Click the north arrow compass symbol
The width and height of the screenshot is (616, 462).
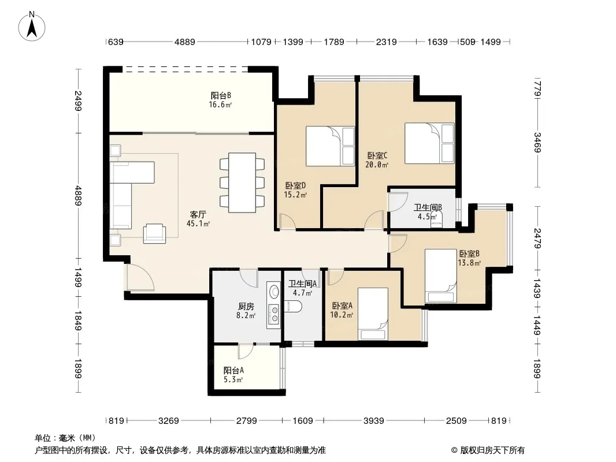(x=32, y=27)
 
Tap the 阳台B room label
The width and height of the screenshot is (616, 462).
(x=221, y=95)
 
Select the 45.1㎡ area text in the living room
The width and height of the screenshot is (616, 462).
(x=198, y=223)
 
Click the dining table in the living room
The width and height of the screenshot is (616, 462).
(x=242, y=182)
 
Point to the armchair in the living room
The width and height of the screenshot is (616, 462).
(x=154, y=233)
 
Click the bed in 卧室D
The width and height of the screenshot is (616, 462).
(x=330, y=146)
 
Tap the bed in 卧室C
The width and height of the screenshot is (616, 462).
(x=429, y=143)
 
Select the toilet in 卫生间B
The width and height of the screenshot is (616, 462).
(x=436, y=221)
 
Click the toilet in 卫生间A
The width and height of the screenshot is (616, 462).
(x=292, y=306)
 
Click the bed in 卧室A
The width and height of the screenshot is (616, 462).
(x=373, y=314)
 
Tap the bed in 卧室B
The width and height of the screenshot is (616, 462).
(x=441, y=276)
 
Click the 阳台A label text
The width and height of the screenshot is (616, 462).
(x=234, y=370)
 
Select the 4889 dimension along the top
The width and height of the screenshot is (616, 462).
(x=185, y=42)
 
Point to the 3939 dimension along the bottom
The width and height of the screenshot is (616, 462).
(x=374, y=421)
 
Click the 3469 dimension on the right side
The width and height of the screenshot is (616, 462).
(x=538, y=143)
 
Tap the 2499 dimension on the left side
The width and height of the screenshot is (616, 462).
(x=78, y=101)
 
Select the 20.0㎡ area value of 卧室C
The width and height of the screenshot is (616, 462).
(x=377, y=165)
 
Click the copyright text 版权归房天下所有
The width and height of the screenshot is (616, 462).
(x=492, y=450)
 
